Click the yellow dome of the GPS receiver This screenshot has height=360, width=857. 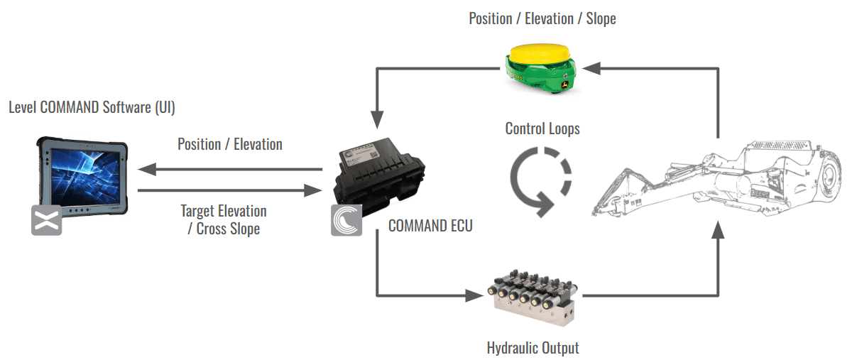(x=540, y=53)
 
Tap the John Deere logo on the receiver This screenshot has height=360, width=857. (x=564, y=84)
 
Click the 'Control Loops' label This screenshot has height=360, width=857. (x=542, y=129)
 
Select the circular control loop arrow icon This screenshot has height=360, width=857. (x=540, y=182)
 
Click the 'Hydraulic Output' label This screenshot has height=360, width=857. (x=533, y=348)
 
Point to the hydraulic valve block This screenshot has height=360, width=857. (x=533, y=297)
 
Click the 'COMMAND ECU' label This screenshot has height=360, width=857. (x=430, y=226)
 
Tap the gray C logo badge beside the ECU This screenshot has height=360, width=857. (x=346, y=220)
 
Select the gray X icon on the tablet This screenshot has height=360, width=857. (x=47, y=220)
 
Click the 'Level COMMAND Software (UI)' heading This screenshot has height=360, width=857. (x=92, y=107)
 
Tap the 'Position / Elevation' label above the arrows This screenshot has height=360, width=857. (x=230, y=144)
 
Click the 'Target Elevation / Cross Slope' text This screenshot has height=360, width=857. (x=224, y=219)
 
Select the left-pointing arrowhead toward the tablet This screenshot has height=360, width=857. (x=147, y=169)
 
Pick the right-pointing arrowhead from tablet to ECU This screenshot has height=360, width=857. (x=313, y=190)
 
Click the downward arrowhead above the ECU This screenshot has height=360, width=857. (x=377, y=120)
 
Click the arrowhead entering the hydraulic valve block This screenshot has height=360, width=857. (x=475, y=295)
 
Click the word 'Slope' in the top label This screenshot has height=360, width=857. (x=601, y=19)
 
